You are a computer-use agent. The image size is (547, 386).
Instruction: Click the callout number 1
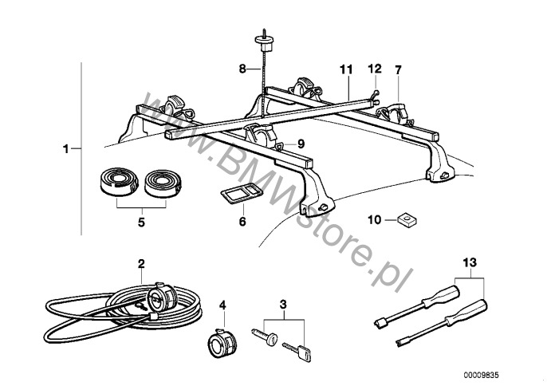pyautogui.click(x=65, y=149)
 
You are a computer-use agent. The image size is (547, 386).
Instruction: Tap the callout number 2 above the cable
pyautogui.click(x=141, y=264)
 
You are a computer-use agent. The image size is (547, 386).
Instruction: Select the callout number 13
pyautogui.click(x=470, y=262)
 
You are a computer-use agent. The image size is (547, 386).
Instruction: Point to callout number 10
pyautogui.click(x=375, y=220)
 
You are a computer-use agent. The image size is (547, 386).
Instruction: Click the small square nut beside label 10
pyautogui.click(x=407, y=221)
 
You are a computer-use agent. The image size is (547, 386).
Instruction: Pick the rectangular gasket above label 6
pyautogui.click(x=242, y=193)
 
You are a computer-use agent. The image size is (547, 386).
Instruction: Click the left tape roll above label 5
pyautogui.click(x=120, y=182)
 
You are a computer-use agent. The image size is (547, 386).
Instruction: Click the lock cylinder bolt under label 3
pyautogui.click(x=265, y=337)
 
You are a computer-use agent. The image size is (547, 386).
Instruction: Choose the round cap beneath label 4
pyautogui.click(x=222, y=343)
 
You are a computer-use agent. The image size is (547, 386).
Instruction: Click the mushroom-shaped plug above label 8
pyautogui.click(x=264, y=42)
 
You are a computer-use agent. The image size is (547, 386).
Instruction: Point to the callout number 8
pyautogui.click(x=242, y=69)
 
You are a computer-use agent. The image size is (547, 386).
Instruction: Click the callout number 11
pyautogui.click(x=346, y=70)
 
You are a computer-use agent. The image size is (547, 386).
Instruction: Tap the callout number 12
pyautogui.click(x=375, y=69)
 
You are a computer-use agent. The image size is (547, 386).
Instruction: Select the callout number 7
pyautogui.click(x=399, y=70)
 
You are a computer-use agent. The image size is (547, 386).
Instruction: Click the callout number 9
pyautogui.click(x=301, y=144)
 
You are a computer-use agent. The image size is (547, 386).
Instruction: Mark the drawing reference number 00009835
pyautogui.click(x=481, y=375)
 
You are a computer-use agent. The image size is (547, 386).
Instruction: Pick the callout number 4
pyautogui.click(x=222, y=305)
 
